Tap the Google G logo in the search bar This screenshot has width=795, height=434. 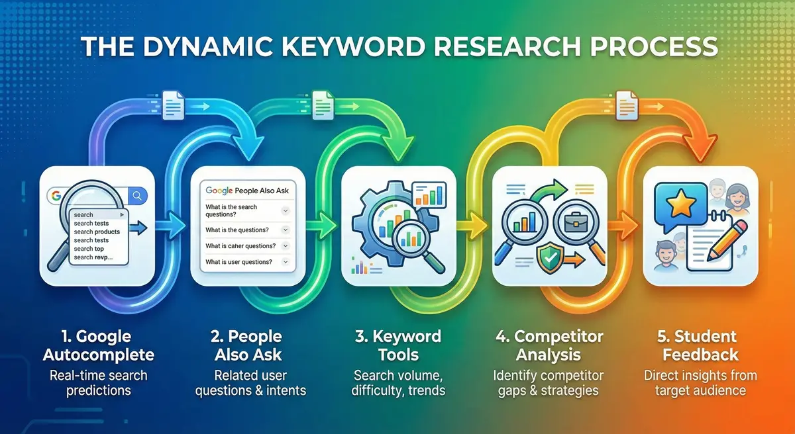pyautogui.click(x=54, y=195)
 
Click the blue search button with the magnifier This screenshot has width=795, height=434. pyautogui.click(x=138, y=195)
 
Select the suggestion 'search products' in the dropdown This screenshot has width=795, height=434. pyautogui.click(x=97, y=232)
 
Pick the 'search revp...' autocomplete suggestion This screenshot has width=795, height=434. pyautogui.click(x=93, y=257)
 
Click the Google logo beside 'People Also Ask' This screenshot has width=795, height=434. pyautogui.click(x=219, y=191)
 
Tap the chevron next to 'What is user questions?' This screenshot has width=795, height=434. pyautogui.click(x=286, y=262)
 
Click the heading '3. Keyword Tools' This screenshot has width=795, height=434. pyautogui.click(x=397, y=345)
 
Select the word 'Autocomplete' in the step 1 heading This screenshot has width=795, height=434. pyautogui.click(x=98, y=355)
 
